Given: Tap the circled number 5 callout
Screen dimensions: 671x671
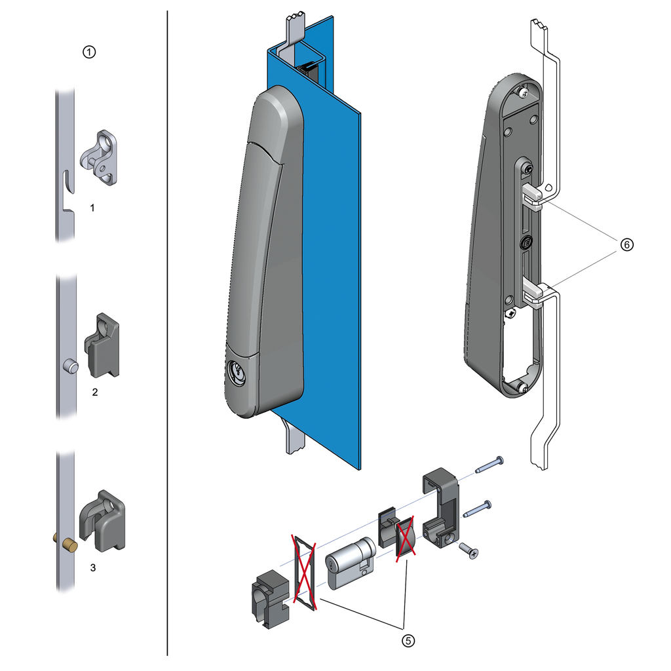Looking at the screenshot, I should [x=408, y=641].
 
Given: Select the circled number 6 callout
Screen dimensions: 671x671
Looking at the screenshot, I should [x=627, y=244].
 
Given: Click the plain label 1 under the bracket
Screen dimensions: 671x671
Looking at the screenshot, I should [x=92, y=207].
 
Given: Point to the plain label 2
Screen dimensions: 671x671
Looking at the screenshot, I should [x=94, y=393].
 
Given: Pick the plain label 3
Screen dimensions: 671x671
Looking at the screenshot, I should [x=92, y=567].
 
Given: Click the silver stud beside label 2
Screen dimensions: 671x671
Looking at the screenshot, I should [x=69, y=366].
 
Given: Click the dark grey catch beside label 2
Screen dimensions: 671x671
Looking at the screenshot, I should [x=103, y=345].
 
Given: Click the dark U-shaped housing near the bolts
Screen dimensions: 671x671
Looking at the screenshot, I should [x=440, y=507].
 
